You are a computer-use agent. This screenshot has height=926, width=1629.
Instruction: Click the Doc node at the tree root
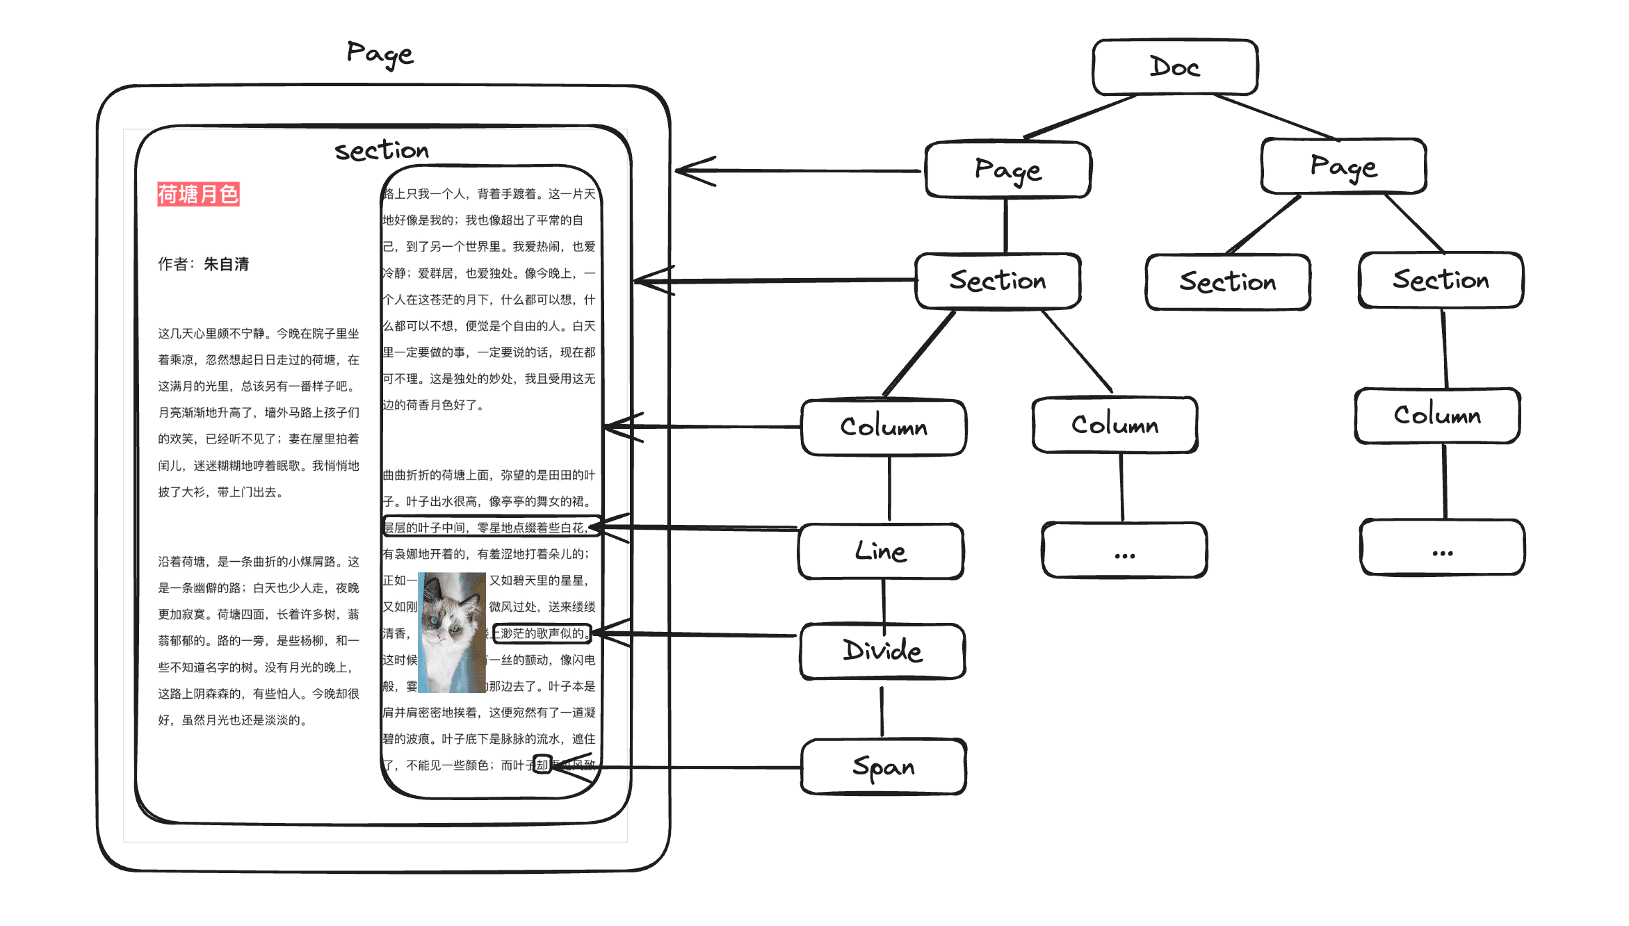click(1175, 67)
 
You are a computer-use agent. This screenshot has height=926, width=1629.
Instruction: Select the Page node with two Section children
click(1343, 167)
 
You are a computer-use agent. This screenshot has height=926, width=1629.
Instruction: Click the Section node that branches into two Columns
click(998, 281)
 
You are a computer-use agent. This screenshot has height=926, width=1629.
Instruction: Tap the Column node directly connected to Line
click(884, 427)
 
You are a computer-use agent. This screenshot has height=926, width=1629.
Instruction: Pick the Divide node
click(882, 651)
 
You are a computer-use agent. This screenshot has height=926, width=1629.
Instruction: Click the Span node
click(884, 767)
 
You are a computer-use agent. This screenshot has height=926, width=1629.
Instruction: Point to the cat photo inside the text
click(452, 632)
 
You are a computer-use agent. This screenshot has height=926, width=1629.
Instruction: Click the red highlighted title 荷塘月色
click(198, 194)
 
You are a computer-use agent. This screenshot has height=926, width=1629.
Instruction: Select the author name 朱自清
click(226, 264)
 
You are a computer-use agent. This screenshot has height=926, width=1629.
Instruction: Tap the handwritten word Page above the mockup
click(380, 54)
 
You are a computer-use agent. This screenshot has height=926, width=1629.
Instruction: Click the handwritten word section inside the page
click(382, 150)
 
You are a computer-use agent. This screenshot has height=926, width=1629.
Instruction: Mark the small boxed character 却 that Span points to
click(542, 765)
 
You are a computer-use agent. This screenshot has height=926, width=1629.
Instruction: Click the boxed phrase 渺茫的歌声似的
click(542, 633)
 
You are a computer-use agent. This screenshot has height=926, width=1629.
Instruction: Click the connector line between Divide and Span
click(882, 710)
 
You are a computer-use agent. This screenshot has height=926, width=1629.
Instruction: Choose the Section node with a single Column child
click(1441, 280)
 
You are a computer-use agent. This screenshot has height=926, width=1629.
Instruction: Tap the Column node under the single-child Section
click(1437, 416)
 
